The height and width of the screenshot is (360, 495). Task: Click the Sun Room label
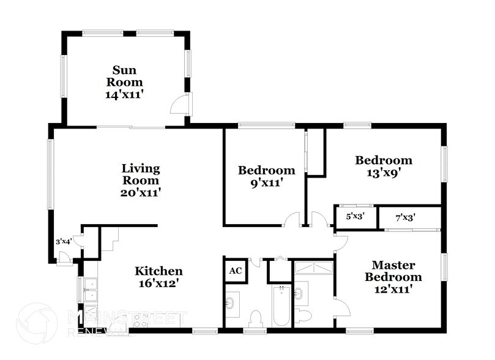(125, 75)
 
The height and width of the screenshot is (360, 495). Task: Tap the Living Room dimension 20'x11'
(140, 192)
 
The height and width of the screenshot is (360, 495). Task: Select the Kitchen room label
(158, 271)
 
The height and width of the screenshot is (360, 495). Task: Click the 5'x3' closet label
(354, 216)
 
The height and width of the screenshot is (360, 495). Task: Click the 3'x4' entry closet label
(64, 241)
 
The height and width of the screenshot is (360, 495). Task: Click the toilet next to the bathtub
(256, 318)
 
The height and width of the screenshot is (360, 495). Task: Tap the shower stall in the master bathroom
(313, 268)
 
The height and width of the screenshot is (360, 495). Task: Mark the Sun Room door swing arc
(179, 104)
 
